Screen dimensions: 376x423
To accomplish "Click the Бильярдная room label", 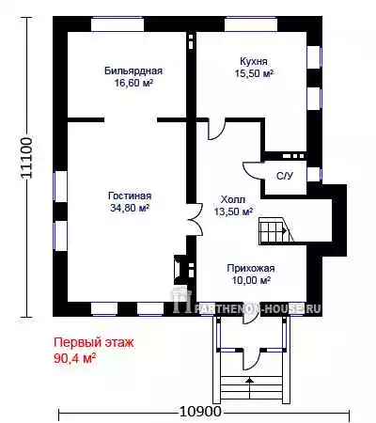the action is click(x=133, y=70).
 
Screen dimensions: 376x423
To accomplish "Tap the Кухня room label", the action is click(x=254, y=61).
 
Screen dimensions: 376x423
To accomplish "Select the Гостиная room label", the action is click(x=130, y=196).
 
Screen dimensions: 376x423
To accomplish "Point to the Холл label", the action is click(x=233, y=199).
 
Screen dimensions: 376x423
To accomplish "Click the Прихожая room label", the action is click(x=251, y=268).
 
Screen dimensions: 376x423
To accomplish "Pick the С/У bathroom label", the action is click(x=285, y=176).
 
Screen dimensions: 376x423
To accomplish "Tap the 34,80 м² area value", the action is click(x=130, y=208).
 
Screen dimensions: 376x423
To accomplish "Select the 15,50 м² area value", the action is click(x=254, y=73).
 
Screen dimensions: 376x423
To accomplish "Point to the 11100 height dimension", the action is click(x=26, y=158).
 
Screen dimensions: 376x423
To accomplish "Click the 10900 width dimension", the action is click(x=200, y=412).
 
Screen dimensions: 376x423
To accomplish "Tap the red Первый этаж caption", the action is click(x=94, y=342).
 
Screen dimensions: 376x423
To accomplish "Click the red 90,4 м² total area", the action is click(x=74, y=358).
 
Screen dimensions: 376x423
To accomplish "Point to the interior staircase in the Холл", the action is click(x=275, y=230).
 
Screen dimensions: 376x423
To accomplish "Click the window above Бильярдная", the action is click(x=117, y=23).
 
